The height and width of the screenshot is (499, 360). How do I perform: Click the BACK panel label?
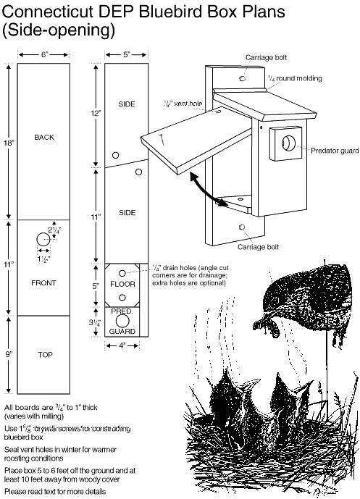coord(43,137)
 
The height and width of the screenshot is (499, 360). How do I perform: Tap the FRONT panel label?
coord(43,282)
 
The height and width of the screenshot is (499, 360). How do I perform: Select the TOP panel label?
coord(43,356)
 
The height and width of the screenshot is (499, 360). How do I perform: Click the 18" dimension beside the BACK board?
coord(7,143)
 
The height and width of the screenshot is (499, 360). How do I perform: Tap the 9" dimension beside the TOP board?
coord(7,355)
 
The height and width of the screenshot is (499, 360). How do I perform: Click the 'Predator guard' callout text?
coord(335,150)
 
